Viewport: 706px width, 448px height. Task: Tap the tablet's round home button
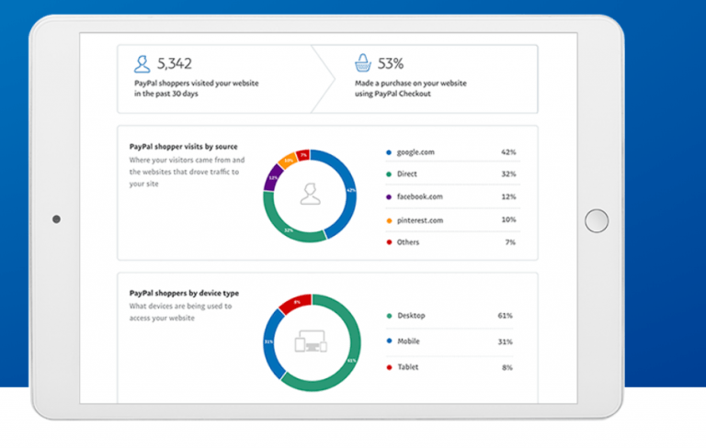(x=597, y=220)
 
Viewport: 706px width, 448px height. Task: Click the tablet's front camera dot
(x=57, y=219)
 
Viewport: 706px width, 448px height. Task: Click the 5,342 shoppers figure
(x=174, y=63)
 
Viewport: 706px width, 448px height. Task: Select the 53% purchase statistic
(x=391, y=63)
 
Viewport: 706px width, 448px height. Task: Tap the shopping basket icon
(x=363, y=63)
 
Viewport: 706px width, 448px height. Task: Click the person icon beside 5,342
(x=142, y=63)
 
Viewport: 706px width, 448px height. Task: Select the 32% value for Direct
(x=508, y=174)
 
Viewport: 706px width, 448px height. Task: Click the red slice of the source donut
(x=304, y=157)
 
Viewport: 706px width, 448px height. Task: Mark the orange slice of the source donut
(x=287, y=162)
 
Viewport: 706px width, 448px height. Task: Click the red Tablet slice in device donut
(x=297, y=304)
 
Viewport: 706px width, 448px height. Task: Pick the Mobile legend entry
(x=411, y=342)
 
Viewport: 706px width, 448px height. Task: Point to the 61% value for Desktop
(x=506, y=316)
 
